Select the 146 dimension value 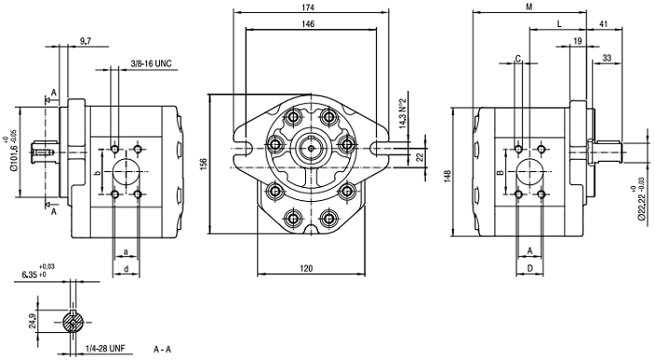click(308, 23)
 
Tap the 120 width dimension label click(306, 268)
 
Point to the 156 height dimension click(204, 164)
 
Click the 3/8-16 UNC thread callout click(152, 64)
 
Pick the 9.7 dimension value click(85, 40)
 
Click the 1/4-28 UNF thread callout click(106, 348)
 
